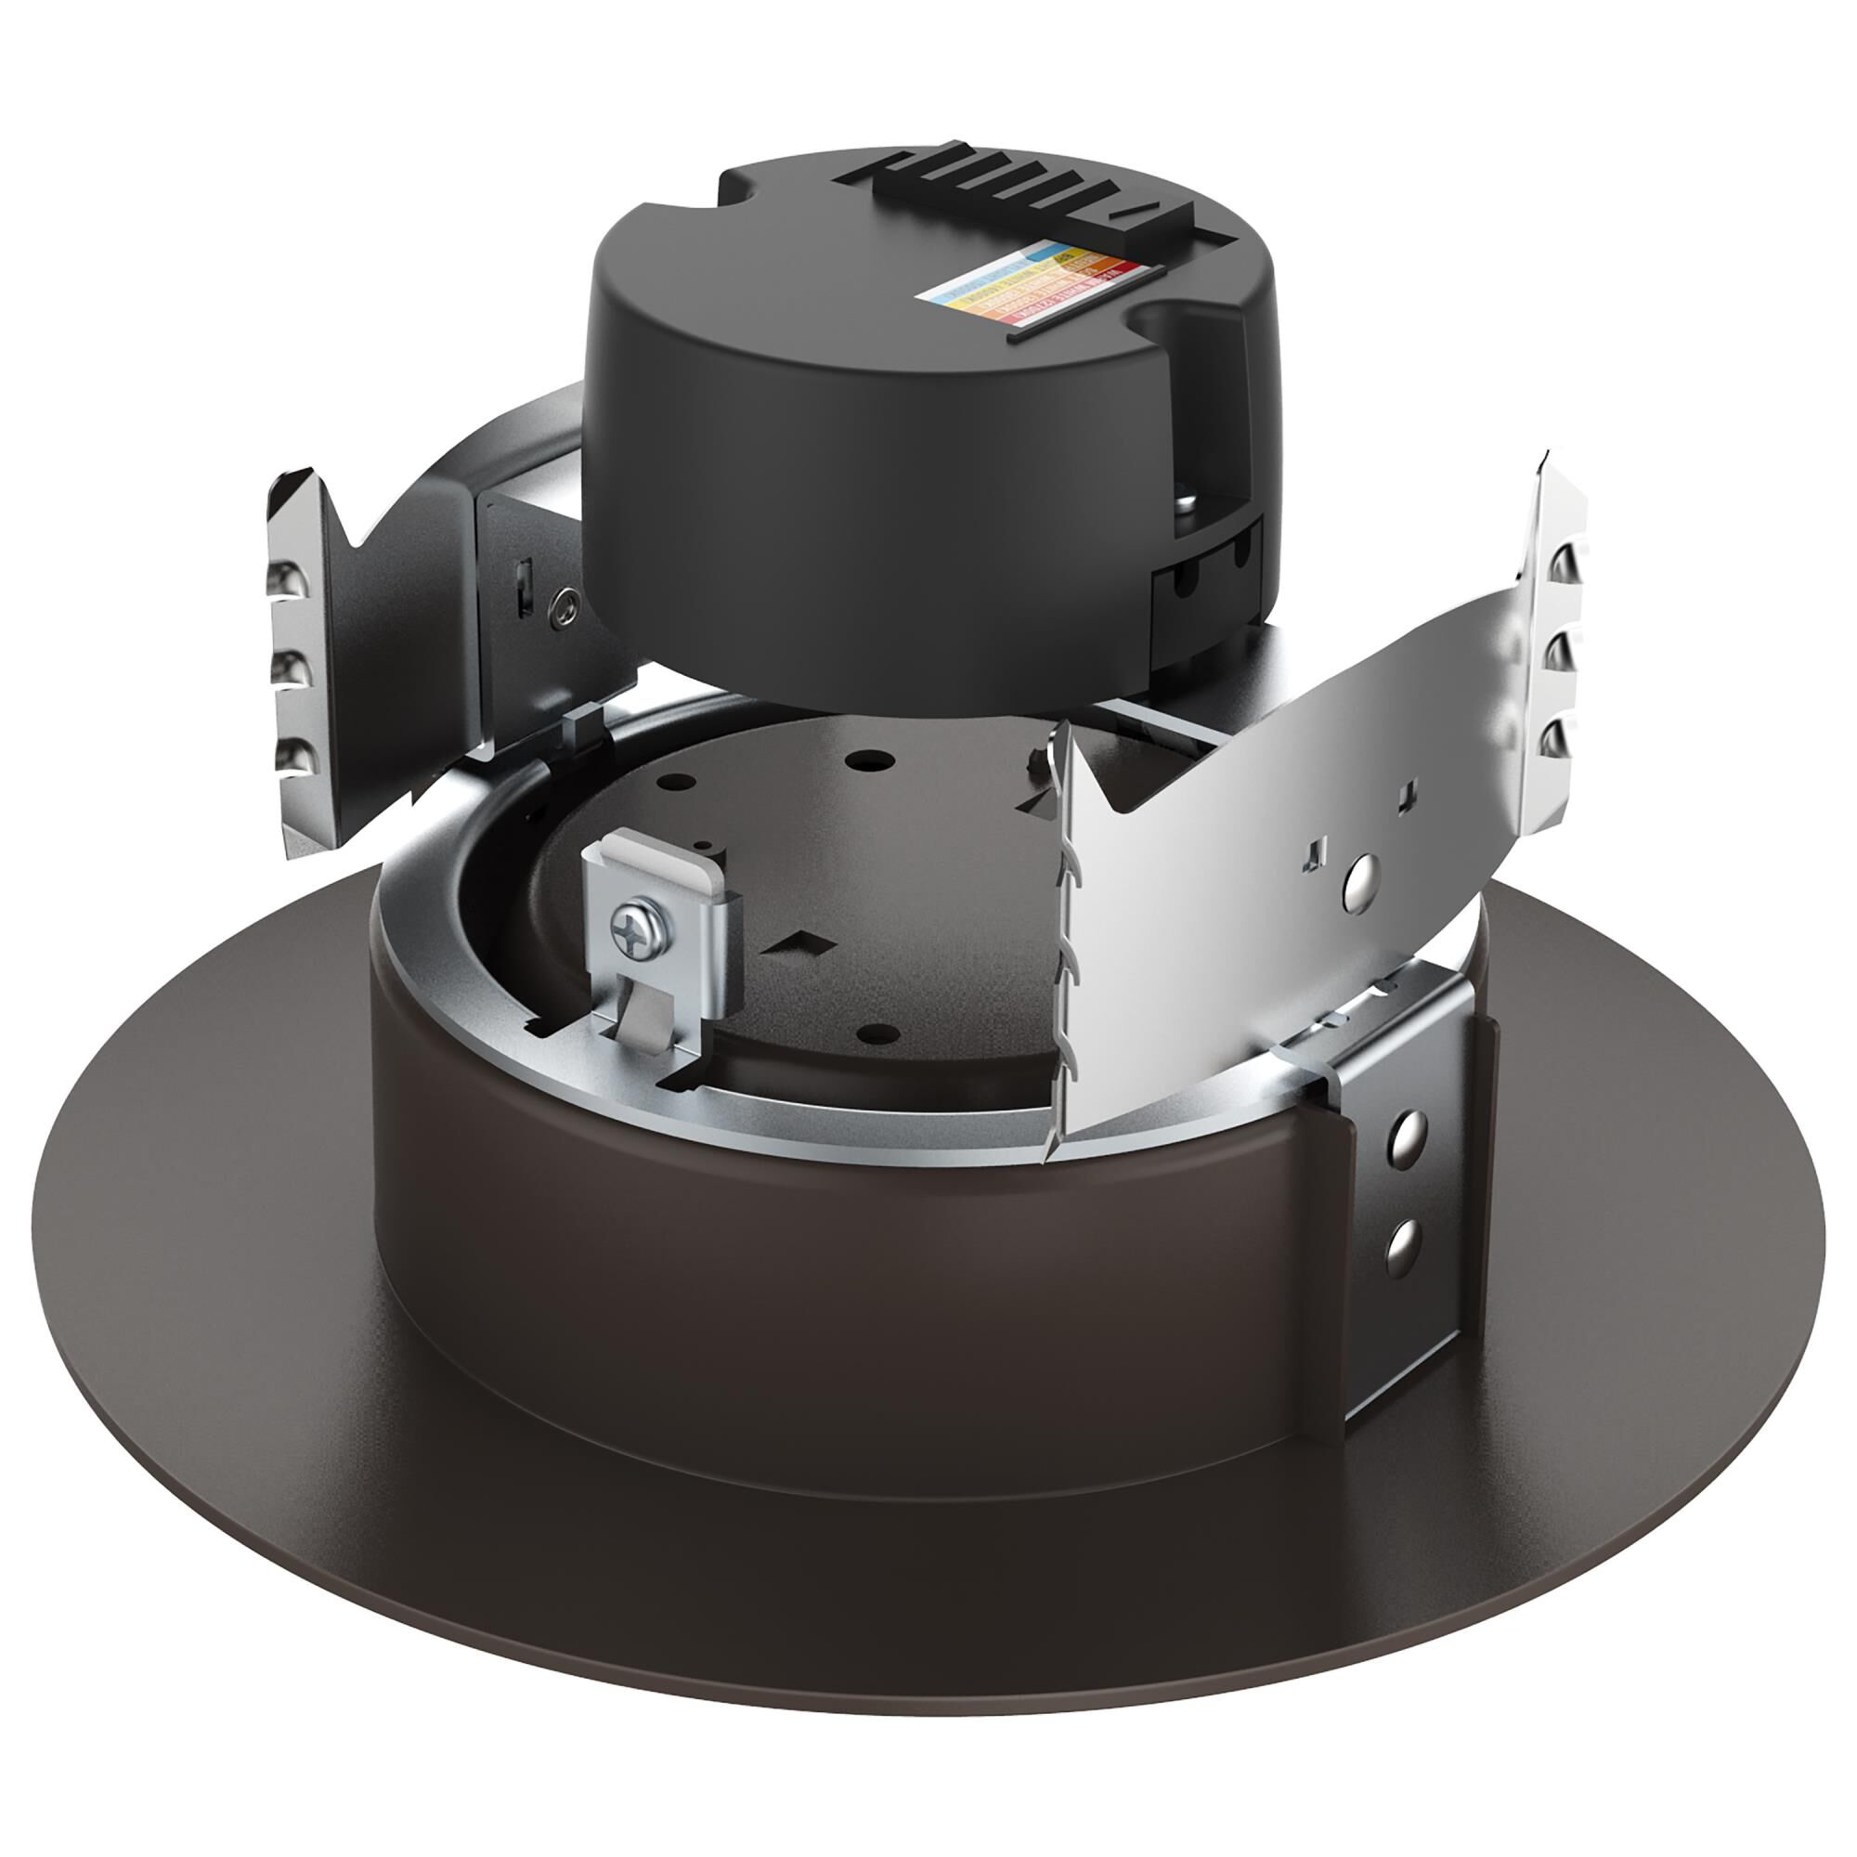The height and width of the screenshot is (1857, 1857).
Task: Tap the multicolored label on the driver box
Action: point(1032,283)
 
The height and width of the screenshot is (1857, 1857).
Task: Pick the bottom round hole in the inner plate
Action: point(876,1033)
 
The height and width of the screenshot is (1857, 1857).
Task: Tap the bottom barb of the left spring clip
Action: point(294,758)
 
